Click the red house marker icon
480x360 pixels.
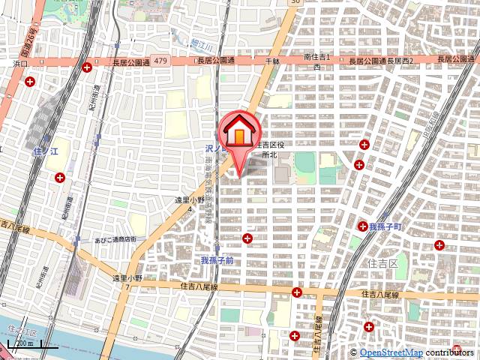238,132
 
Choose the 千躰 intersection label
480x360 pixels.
271,60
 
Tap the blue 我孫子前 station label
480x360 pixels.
217,260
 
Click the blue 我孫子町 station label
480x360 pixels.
385,226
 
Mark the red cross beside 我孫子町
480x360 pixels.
361,225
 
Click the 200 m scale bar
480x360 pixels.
24,346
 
